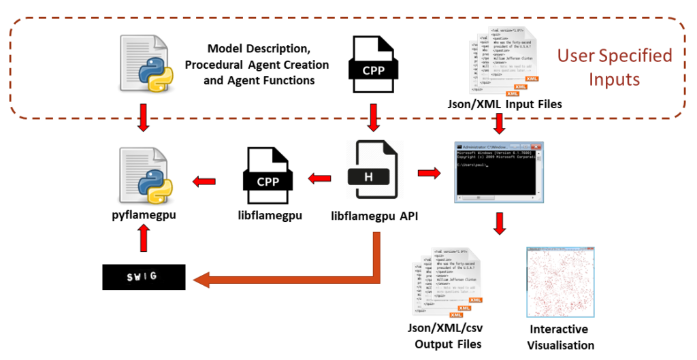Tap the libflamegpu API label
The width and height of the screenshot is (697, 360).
[374, 216]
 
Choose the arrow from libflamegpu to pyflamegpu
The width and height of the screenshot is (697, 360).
[204, 180]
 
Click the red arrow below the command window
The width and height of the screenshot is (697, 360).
[500, 224]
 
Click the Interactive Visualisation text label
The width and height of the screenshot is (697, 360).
[562, 337]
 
